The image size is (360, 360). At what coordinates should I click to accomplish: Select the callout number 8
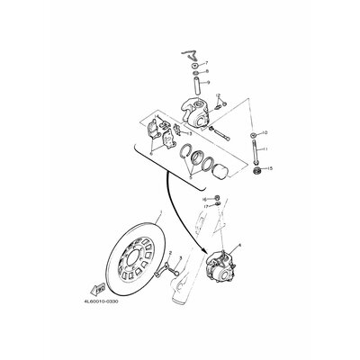pos(206,72)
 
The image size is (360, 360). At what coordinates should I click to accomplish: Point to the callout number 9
pos(206,82)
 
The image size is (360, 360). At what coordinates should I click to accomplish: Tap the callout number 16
pos(204,198)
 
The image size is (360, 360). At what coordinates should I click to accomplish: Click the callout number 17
pos(204,206)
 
